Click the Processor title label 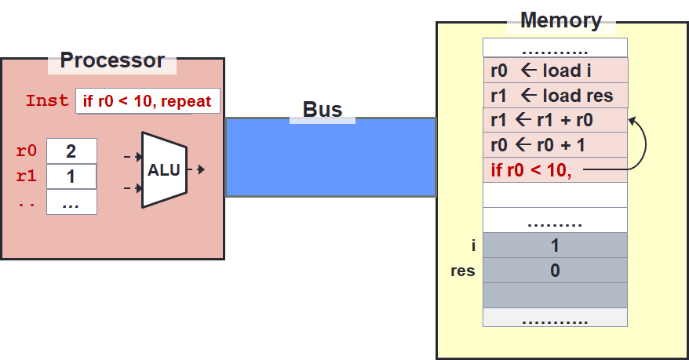coord(112,60)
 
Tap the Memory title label coord(560,20)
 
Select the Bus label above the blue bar coord(323,110)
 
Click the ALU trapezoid coord(164,169)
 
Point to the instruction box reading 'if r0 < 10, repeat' coord(148,101)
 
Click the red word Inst coord(47,101)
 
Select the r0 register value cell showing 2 coord(71,151)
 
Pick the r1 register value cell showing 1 coord(71,176)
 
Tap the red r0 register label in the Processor coord(26,151)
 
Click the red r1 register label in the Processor coord(26,176)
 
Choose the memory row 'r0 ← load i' coord(555,70)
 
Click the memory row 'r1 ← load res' coord(555,95)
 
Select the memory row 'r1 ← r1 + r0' coord(555,120)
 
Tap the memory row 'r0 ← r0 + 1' coord(555,145)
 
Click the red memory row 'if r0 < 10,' coord(555,169)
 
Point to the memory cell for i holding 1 coord(555,245)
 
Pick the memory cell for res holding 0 coord(555,271)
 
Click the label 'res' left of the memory coord(463,271)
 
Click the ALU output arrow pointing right coord(198,169)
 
